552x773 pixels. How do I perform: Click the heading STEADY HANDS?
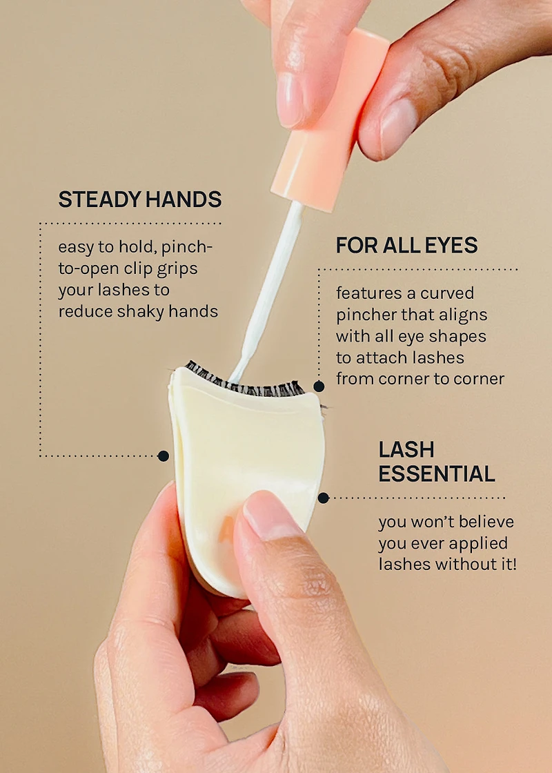(140, 199)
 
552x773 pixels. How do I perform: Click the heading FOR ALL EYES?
(406, 246)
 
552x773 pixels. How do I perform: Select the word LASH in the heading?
(406, 450)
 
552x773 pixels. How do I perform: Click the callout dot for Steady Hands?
(163, 456)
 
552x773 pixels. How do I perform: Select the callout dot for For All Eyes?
(319, 386)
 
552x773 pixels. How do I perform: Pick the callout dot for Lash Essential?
(323, 498)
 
